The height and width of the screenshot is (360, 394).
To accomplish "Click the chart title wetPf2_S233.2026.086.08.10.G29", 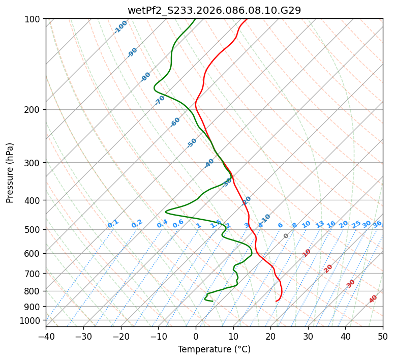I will tap(214, 10).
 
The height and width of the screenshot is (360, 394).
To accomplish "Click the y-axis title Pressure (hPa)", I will tap(10, 172).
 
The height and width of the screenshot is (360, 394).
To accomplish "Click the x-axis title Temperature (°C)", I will tap(214, 349).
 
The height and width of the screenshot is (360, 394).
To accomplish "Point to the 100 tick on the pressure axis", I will tap(34, 19).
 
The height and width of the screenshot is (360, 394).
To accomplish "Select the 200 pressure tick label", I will tap(34, 110).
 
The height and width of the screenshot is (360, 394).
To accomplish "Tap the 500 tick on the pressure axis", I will tap(34, 230).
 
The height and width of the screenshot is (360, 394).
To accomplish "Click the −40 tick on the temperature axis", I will tap(46, 336).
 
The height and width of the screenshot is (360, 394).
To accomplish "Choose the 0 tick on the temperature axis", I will tap(196, 336).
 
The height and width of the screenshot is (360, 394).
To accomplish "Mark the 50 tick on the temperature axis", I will tap(383, 336).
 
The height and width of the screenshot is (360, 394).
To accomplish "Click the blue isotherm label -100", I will tap(120, 27).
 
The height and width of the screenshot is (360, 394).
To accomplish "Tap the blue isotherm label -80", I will tap(146, 77).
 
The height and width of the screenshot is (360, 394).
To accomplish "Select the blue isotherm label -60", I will tap(175, 122).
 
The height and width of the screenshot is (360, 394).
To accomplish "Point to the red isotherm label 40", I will tap(373, 299).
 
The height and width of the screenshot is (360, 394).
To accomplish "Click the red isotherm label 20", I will tap(328, 268).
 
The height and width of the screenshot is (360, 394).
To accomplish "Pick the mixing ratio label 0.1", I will tap(113, 224).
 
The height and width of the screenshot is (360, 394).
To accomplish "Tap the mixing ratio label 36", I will tap(377, 224).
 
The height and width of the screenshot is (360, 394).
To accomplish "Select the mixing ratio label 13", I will tap(320, 224).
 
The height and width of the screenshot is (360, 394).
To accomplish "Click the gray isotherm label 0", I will tap(286, 236).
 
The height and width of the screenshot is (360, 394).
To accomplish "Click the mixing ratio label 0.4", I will tap(162, 224).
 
